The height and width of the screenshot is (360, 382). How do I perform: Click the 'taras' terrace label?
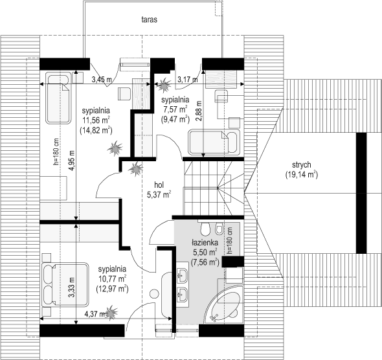click(150, 19)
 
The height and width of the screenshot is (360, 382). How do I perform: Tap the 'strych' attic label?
click(301, 165)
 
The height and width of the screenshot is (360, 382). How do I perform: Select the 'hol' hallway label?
click(159, 185)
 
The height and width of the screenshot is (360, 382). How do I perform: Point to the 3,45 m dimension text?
click(102, 79)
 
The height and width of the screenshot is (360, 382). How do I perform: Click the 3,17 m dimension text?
click(188, 79)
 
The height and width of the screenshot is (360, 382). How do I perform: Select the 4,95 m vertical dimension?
click(73, 161)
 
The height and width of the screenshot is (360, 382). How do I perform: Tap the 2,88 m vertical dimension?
click(199, 111)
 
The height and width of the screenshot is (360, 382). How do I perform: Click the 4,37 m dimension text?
click(95, 314)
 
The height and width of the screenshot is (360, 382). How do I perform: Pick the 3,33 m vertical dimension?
click(72, 287)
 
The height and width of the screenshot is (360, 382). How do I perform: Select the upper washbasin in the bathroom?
click(182, 275)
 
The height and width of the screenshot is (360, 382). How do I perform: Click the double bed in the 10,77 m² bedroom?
click(65, 284)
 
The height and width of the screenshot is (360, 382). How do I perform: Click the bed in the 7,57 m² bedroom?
click(214, 142)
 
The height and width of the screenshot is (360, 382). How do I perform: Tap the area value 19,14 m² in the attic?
click(301, 175)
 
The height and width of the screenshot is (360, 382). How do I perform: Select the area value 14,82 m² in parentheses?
click(96, 130)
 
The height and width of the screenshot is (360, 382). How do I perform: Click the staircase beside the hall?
click(214, 188)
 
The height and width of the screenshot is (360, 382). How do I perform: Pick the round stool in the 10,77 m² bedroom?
click(155, 294)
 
